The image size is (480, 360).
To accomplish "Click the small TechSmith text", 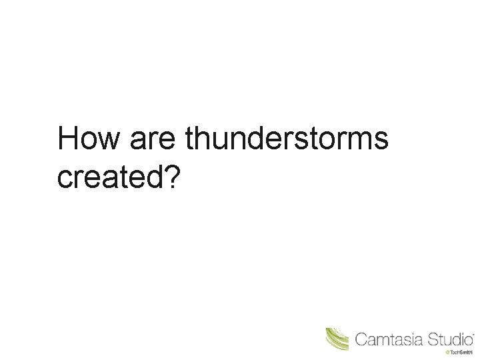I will pos(460,352).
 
